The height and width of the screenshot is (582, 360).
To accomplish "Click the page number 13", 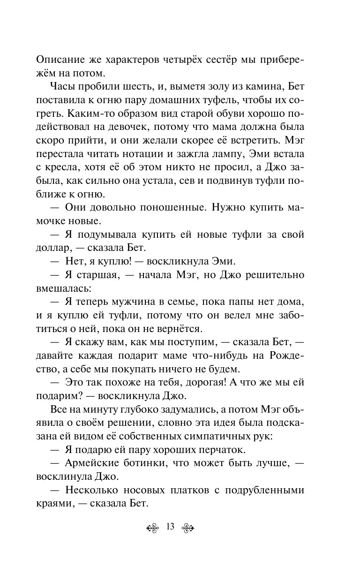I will tap(170, 527).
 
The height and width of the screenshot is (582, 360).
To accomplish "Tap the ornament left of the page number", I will tap(154, 527).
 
